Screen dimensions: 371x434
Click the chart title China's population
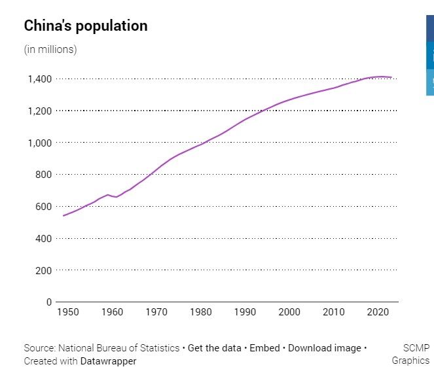(x=86, y=26)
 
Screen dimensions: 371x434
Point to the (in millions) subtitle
(x=50, y=50)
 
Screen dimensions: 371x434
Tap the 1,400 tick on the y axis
(x=38, y=79)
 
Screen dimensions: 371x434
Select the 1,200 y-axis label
(x=38, y=111)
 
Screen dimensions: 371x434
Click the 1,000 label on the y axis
(x=38, y=143)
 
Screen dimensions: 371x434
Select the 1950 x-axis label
(x=68, y=312)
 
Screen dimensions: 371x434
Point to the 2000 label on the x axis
(x=289, y=312)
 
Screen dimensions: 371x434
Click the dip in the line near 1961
(x=117, y=197)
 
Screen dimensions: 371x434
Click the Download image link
(x=324, y=348)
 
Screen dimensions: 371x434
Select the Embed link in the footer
(x=264, y=348)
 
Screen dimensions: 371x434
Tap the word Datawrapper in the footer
(x=109, y=361)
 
